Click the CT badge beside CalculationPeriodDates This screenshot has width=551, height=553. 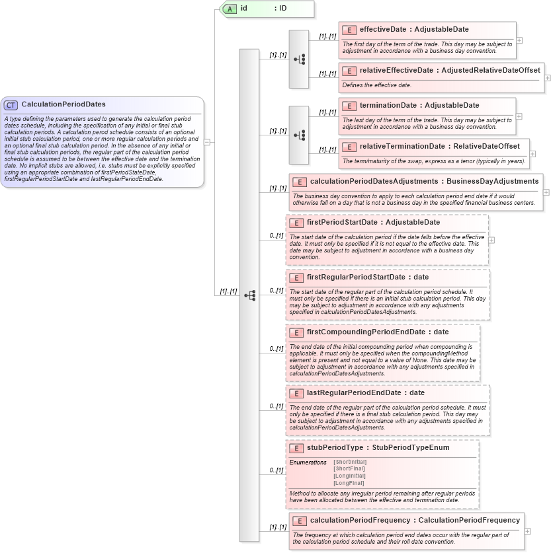(x=11, y=104)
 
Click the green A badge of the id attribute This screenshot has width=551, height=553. (x=230, y=9)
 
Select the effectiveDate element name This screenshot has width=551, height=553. (x=382, y=30)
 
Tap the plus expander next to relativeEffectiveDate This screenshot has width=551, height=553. (x=548, y=77)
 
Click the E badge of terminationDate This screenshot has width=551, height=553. (x=349, y=106)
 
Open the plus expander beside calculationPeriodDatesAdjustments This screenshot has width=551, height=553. (x=546, y=192)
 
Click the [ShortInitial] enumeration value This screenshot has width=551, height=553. (x=350, y=461)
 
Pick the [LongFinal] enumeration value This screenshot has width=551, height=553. (x=349, y=483)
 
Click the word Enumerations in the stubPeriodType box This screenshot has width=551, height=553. (x=308, y=462)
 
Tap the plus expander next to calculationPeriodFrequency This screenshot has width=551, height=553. (x=527, y=531)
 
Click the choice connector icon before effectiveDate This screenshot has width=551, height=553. (x=299, y=59)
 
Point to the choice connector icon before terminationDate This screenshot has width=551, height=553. (x=299, y=135)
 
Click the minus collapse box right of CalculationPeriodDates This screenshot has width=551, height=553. (x=208, y=141)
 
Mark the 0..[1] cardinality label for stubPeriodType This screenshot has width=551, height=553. (x=276, y=470)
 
